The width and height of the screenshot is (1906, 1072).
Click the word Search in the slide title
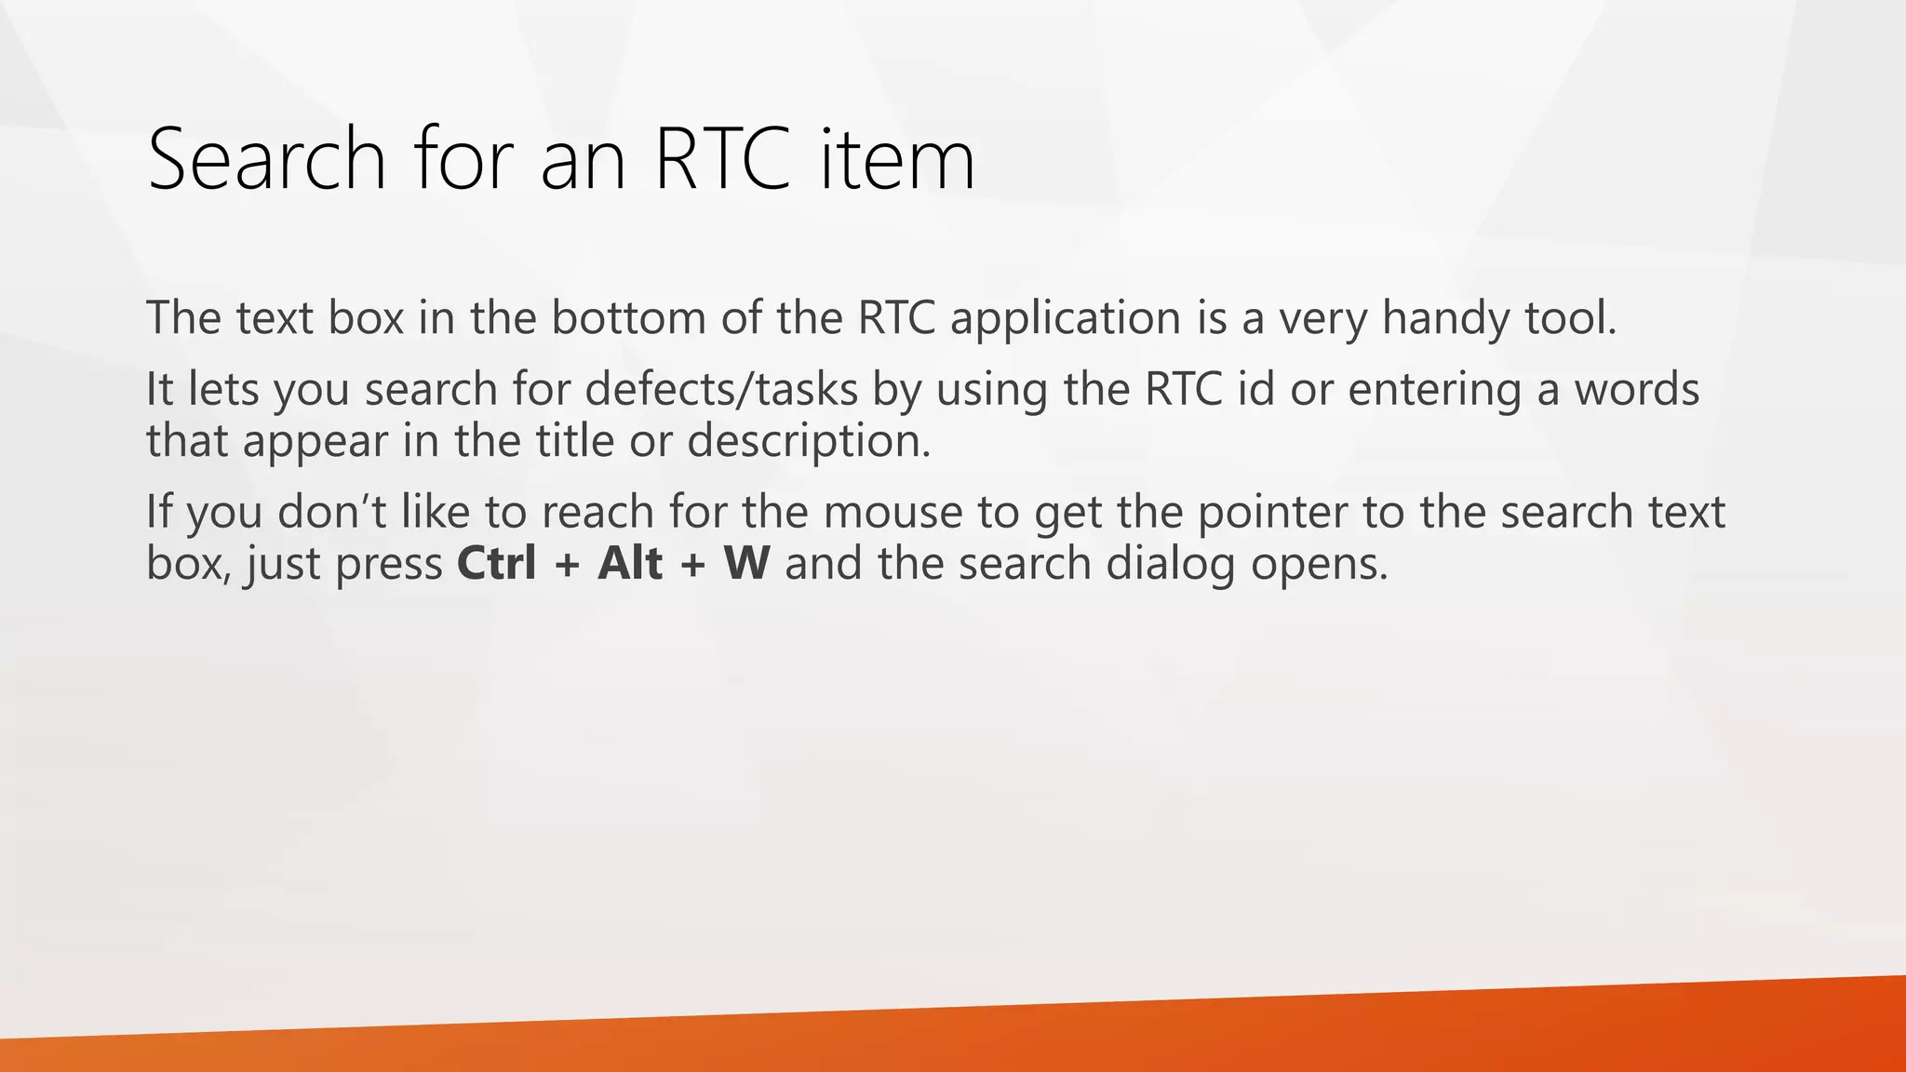[266, 159]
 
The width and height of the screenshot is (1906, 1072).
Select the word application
[1065, 318]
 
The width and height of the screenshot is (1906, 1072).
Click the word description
[808, 441]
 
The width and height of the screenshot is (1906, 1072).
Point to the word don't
[331, 512]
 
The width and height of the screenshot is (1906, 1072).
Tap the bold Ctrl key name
[497, 564]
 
